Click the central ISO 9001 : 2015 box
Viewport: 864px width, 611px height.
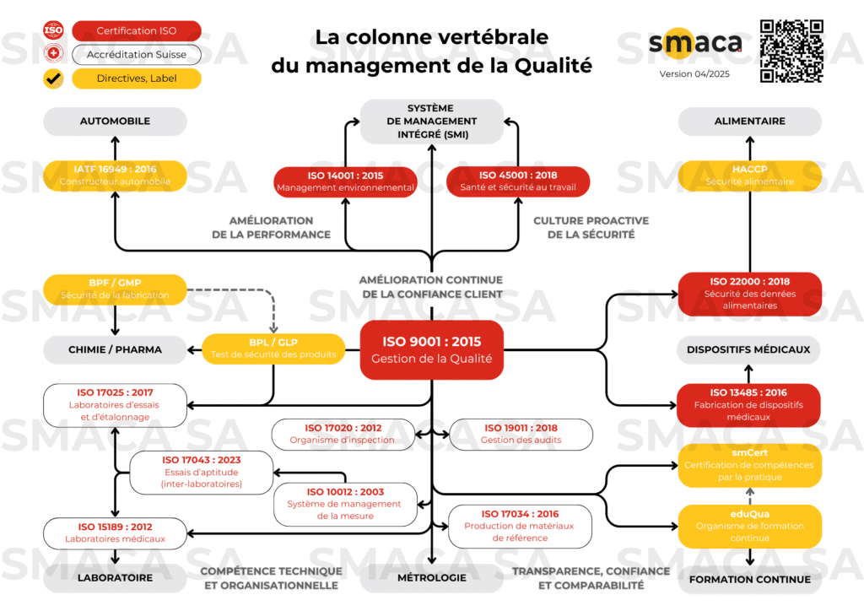432,350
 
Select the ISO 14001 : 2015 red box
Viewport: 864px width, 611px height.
346,181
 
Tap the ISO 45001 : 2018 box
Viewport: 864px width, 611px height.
517,181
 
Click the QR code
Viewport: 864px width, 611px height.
791,51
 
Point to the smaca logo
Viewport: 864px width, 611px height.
695,43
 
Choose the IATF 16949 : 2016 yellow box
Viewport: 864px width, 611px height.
115,176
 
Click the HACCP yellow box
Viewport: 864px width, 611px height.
749,176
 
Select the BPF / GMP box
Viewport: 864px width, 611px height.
115,289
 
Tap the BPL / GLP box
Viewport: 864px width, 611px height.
274,348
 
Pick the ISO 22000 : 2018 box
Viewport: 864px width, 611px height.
749,294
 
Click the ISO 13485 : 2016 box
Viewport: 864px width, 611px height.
749,404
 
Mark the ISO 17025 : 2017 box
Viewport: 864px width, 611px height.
115,404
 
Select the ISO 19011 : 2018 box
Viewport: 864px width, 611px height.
521,434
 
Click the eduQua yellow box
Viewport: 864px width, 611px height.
749,526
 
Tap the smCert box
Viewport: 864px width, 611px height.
749,465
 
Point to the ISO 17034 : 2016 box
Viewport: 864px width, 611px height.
521,526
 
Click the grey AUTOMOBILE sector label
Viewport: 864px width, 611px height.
115,122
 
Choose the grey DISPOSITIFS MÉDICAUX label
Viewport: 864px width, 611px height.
749,349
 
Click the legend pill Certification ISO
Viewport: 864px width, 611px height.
137,31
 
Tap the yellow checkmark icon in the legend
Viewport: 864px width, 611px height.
53,79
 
